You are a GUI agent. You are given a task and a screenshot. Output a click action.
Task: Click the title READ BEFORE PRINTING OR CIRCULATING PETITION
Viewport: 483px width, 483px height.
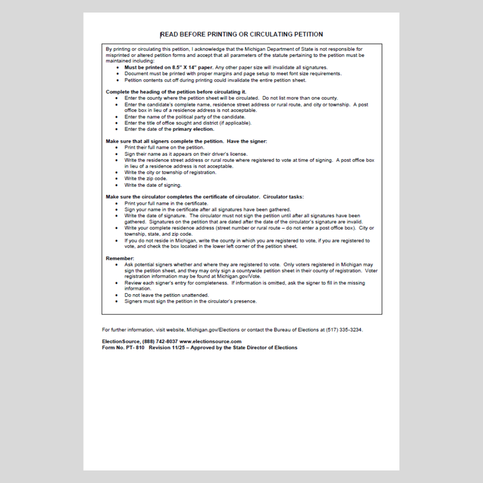(241, 34)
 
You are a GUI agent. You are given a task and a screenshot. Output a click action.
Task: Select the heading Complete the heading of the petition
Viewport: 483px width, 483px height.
(176, 92)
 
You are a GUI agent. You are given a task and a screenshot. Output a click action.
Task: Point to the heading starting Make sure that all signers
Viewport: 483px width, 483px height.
(186, 141)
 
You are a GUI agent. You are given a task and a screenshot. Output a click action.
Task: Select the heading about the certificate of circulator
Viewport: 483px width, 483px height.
(205, 197)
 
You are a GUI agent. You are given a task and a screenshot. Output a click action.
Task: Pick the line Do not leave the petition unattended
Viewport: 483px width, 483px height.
(166, 295)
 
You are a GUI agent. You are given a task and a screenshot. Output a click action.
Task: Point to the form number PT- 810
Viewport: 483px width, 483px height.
(137, 348)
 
